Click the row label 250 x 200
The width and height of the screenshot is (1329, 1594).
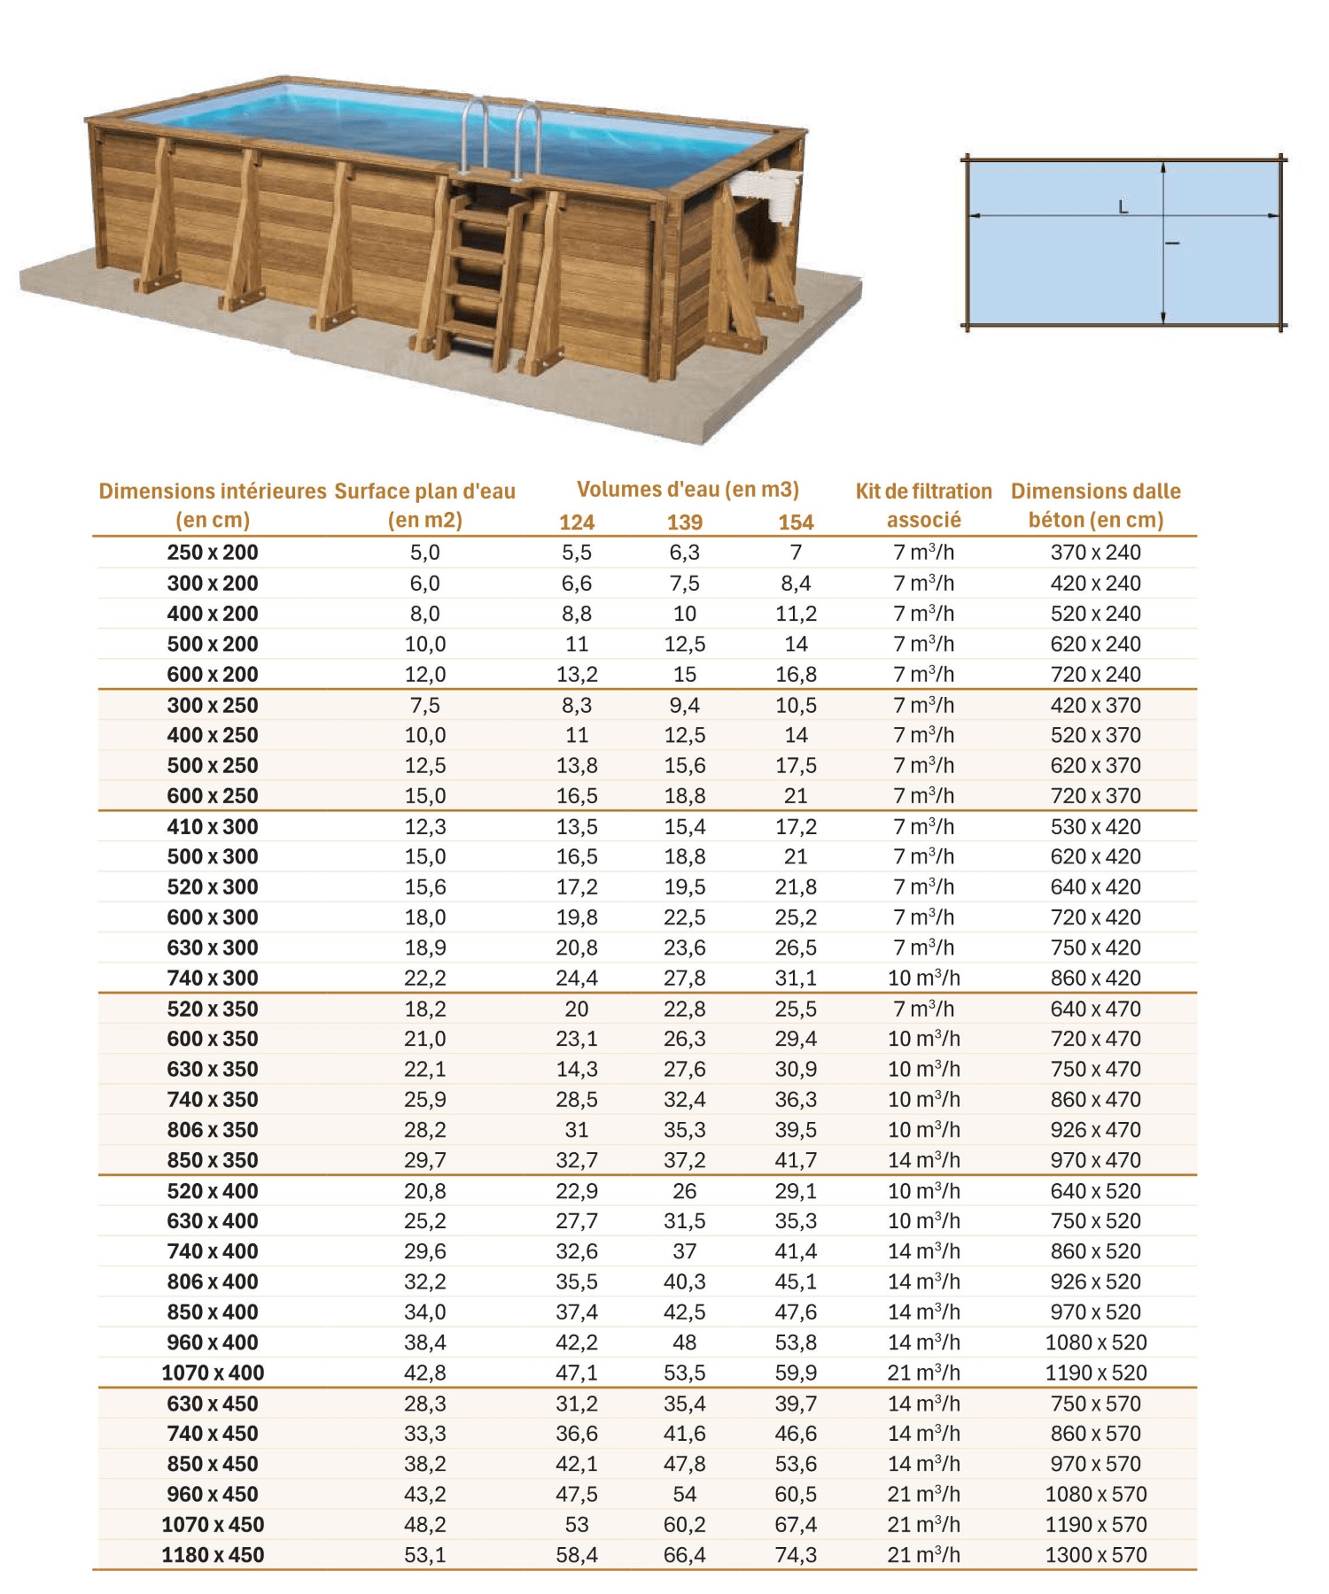click(213, 553)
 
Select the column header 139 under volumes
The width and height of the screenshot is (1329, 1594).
click(684, 522)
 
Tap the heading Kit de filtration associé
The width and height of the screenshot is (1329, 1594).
click(923, 505)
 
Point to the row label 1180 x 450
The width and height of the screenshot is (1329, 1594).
click(213, 1554)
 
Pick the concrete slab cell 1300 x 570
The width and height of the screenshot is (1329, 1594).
click(1096, 1554)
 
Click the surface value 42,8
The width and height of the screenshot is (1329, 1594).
click(424, 1373)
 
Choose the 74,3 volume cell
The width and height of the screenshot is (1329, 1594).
click(796, 1554)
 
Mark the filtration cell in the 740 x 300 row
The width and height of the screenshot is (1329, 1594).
click(923, 978)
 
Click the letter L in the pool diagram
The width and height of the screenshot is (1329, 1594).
click(1123, 207)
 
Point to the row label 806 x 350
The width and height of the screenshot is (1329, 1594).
click(213, 1130)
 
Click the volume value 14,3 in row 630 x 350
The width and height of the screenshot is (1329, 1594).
click(577, 1069)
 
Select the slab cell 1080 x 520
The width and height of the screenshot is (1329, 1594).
click(1096, 1343)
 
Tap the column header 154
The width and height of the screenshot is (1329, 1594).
click(796, 522)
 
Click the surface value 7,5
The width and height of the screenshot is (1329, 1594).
click(424, 706)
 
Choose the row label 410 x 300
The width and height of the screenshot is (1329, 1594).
click(213, 827)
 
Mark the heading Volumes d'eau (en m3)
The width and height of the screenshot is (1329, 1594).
click(688, 490)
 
